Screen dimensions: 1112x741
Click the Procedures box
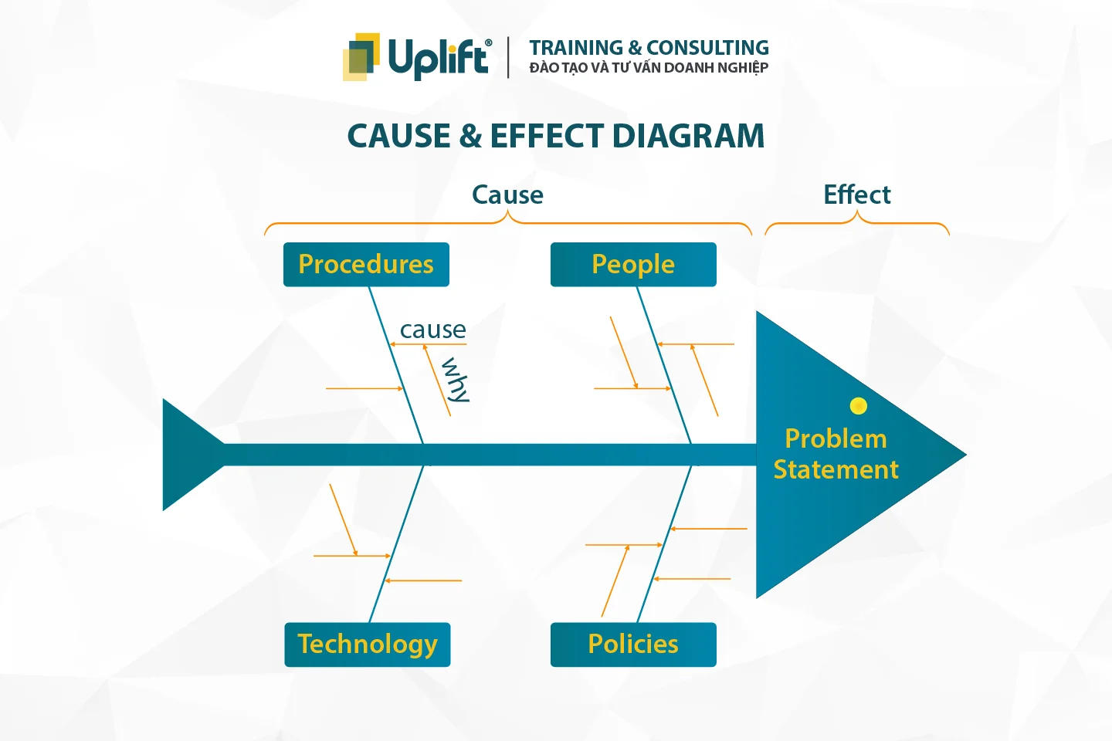point(366,265)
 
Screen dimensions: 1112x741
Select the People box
point(633,265)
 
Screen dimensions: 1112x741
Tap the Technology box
point(368,645)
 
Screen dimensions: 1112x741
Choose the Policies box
point(633,645)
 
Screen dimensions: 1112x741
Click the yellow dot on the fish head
point(859,405)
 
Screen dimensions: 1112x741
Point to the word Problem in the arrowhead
point(836,438)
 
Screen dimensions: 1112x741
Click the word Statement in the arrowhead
point(836,469)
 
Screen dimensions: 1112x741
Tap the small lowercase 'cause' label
point(433,330)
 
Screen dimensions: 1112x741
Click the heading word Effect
point(857,195)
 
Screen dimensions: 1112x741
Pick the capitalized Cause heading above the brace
point(507,195)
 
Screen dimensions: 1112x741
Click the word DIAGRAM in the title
point(688,136)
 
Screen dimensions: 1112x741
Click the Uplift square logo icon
point(361,56)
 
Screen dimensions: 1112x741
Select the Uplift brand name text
point(440,59)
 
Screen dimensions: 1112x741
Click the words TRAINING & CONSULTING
point(649,48)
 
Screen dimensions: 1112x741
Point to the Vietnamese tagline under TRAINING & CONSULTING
point(649,68)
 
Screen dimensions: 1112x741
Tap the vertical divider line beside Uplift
point(508,57)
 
